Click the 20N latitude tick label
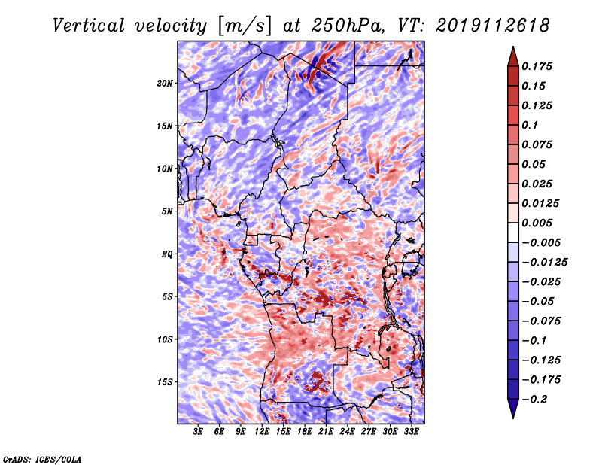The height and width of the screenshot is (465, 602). [x=164, y=84]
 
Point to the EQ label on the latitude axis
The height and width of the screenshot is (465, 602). [x=166, y=254]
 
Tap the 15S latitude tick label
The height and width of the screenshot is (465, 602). [x=164, y=382]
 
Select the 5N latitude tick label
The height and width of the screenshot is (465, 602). [x=166, y=211]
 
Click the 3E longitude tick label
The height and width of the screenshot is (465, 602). [x=198, y=432]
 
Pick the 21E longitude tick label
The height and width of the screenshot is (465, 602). [x=326, y=432]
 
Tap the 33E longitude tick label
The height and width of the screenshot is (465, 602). [x=411, y=432]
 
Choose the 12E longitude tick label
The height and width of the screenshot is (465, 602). [x=262, y=432]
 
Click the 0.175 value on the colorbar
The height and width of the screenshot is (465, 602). [x=537, y=66]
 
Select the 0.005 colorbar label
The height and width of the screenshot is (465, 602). [x=537, y=223]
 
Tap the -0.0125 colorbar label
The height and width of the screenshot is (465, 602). [x=544, y=263]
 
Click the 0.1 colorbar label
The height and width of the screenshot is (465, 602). [x=530, y=125]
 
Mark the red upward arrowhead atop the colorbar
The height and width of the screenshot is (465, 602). [x=513, y=56]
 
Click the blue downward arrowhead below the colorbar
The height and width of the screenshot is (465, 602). [x=513, y=409]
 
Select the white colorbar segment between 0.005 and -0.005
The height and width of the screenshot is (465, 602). [x=513, y=232]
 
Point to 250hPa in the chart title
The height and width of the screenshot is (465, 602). [x=348, y=26]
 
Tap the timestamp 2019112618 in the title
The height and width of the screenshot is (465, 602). [x=493, y=26]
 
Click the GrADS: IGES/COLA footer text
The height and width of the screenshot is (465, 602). [x=42, y=459]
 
